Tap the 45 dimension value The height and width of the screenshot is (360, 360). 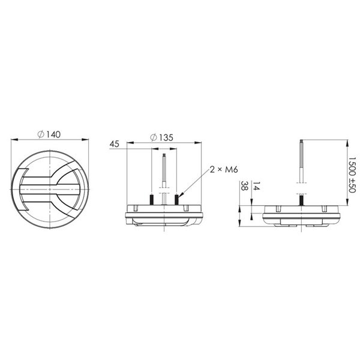point(115,144)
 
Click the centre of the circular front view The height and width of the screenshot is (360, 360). point(50,190)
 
